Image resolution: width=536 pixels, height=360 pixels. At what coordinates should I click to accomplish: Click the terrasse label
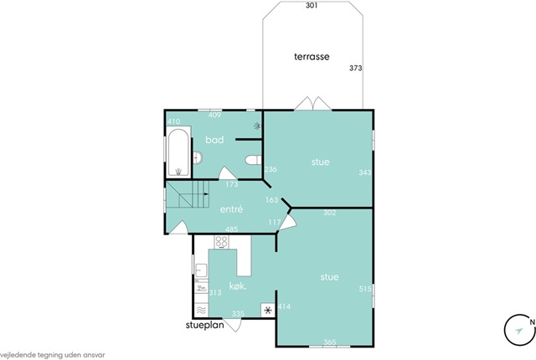point(312,56)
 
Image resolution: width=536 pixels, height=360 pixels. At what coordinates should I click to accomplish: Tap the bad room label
point(214,139)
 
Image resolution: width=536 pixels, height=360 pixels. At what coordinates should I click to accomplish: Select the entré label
point(231,209)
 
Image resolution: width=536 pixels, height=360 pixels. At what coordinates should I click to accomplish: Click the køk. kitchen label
point(238,285)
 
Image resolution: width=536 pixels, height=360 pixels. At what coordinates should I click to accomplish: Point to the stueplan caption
point(204,325)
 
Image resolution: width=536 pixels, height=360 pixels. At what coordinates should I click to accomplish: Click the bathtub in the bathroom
point(178,152)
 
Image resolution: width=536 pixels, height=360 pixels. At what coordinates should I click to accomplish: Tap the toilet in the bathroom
point(253,160)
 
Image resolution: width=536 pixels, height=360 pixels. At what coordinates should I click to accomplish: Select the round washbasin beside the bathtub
point(198,157)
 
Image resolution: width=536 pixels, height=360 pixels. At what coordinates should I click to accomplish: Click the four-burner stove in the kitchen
point(221,242)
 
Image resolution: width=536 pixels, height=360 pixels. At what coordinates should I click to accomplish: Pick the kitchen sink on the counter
point(201,270)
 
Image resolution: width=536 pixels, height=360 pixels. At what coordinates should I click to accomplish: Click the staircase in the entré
point(188,194)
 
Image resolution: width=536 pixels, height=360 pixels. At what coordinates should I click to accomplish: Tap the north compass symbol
point(520,329)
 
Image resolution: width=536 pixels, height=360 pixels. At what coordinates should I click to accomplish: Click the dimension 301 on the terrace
point(312,6)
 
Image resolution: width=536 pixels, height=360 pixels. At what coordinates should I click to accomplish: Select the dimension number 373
point(355,68)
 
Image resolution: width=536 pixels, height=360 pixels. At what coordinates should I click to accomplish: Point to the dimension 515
point(365,289)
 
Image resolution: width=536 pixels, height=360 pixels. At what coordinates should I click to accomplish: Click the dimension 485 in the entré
point(231,229)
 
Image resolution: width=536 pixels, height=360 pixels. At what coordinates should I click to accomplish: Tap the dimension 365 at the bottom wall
point(329,342)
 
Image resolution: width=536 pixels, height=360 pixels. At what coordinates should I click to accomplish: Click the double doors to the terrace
point(312,104)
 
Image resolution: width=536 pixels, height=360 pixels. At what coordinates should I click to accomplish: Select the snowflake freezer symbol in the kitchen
point(268,310)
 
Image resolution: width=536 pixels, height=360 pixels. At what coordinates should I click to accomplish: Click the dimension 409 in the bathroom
point(214,115)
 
